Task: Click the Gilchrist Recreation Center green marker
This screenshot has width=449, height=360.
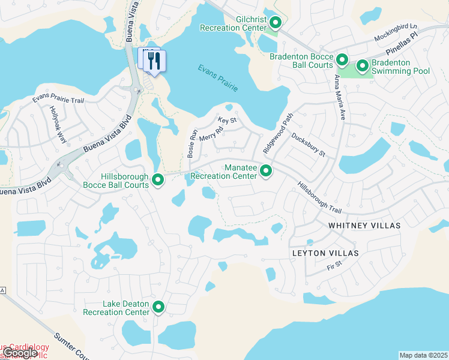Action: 276,23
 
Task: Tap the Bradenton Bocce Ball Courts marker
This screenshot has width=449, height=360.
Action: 342,59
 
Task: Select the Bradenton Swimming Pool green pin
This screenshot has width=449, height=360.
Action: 362,65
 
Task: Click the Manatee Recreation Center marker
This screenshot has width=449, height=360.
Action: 266,172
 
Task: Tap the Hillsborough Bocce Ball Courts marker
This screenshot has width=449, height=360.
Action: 158,179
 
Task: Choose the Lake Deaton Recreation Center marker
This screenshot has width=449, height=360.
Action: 158,307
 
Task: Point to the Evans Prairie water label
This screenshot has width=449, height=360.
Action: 218,77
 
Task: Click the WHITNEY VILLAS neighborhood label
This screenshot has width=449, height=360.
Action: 364,224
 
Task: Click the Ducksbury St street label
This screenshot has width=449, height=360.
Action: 309,145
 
